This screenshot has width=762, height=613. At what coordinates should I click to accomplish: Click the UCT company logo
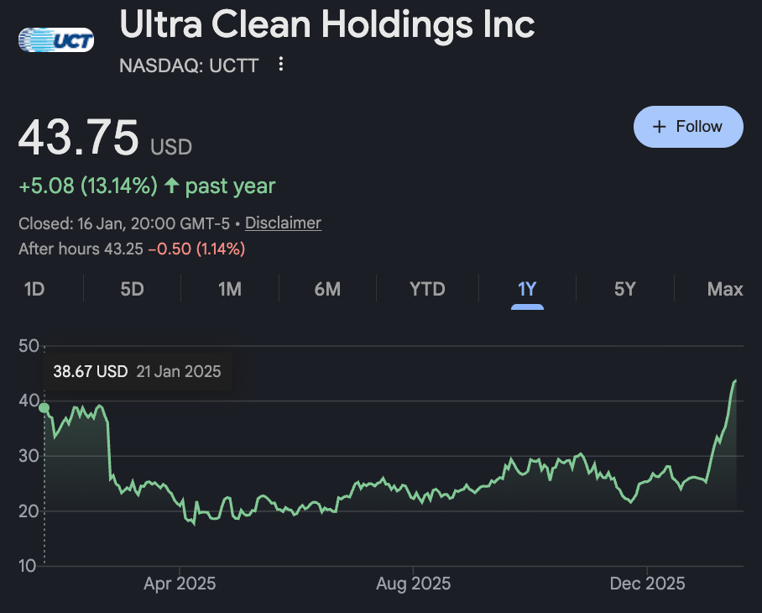coord(55,39)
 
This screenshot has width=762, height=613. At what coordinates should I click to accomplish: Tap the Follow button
coord(688,127)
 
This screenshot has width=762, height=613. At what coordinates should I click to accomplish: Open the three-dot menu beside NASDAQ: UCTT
coord(281,65)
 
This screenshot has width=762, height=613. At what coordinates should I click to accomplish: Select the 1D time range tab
coord(34,290)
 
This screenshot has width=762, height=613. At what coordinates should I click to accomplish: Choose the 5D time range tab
coord(132,290)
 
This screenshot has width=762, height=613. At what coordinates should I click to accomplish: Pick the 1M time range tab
coord(229,290)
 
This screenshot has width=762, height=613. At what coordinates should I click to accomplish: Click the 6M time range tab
coord(327,290)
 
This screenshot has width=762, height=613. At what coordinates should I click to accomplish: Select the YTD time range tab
coord(427,290)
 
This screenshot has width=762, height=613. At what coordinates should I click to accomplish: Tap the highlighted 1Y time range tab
coord(527,290)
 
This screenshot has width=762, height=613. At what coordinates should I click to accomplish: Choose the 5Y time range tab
coord(624,290)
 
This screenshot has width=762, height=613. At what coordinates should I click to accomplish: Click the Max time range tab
coord(725,290)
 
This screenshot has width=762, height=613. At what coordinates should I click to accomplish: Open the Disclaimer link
coord(283,223)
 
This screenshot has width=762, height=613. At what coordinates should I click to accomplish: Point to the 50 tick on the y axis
coord(29,346)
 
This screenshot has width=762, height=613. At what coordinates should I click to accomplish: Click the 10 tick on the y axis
coord(29,566)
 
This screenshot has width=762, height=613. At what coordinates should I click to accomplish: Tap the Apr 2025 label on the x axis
coord(180,584)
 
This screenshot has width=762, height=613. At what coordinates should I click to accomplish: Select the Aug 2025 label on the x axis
coord(413,584)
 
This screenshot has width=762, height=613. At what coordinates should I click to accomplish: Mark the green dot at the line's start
coord(44,408)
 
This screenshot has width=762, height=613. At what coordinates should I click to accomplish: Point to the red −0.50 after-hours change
coord(170,249)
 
